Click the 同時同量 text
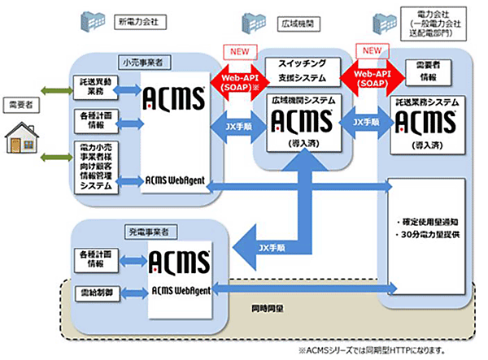(265, 310)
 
